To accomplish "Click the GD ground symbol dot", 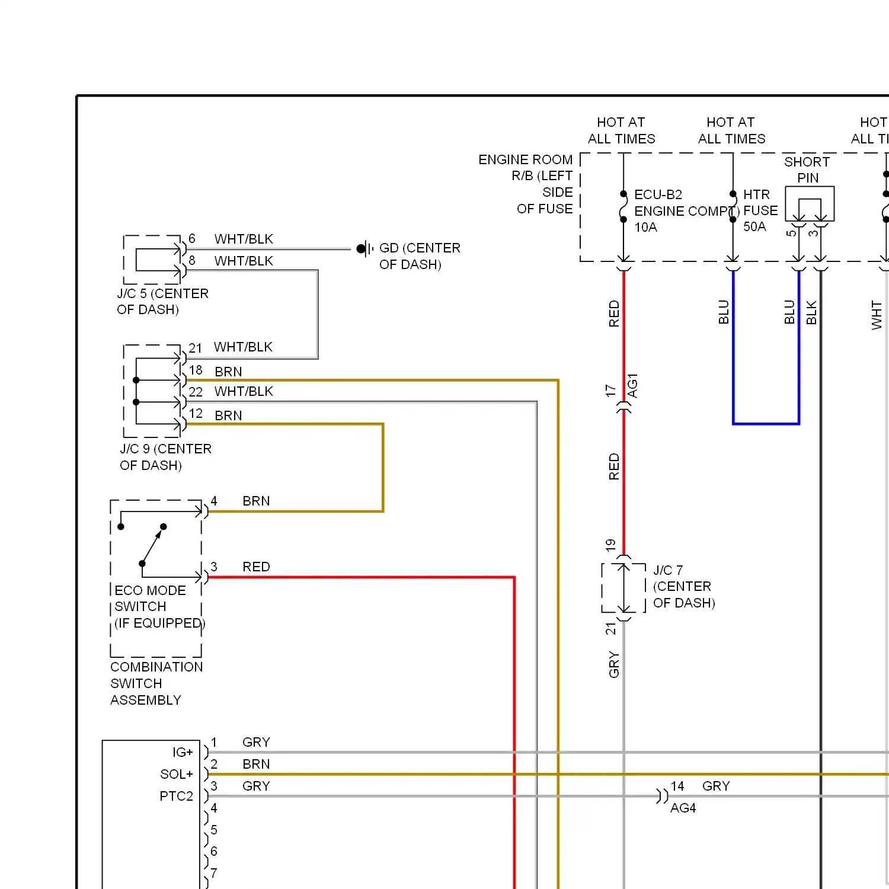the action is click(360, 249).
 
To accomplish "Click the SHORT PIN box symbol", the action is click(810, 204).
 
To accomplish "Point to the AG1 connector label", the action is click(632, 386).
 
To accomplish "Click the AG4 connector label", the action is click(683, 808).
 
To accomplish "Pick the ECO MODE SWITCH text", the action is click(150, 599).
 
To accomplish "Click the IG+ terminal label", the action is click(183, 753).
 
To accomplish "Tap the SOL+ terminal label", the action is click(177, 775).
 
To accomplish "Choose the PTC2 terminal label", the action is click(176, 797).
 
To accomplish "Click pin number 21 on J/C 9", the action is click(195, 348).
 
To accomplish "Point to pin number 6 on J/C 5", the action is click(191, 238).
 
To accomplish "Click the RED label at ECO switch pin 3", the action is click(256, 567).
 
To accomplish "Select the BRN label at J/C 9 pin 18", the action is click(228, 372).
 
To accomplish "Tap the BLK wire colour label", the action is click(811, 313).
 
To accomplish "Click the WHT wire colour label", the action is click(877, 315).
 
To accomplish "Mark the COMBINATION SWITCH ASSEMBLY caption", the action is click(156, 683).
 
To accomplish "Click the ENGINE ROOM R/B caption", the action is click(526, 184).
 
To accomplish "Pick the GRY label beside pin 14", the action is click(716, 786).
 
